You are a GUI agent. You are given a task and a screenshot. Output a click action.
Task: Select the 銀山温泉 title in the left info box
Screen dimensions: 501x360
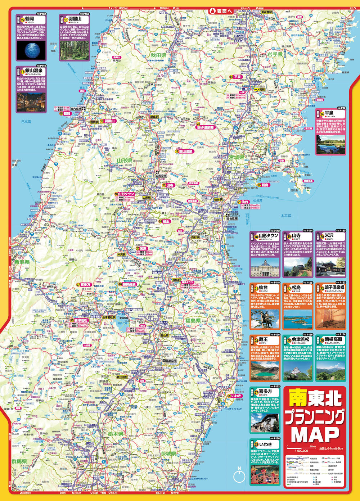click(x=33, y=71)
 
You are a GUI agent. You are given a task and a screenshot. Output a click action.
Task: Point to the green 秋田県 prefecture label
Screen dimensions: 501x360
click(x=158, y=55)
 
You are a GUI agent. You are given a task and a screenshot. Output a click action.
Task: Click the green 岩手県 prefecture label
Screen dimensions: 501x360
click(x=274, y=54)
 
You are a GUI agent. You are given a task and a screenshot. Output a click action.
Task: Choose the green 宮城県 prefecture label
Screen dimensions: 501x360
click(x=236, y=157)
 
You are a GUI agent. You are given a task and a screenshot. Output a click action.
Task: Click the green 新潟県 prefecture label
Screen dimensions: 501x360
click(x=22, y=263)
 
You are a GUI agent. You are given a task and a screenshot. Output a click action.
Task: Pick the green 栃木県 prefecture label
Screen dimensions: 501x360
click(x=116, y=434)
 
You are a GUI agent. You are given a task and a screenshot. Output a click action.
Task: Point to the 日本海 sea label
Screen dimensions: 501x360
click(x=26, y=122)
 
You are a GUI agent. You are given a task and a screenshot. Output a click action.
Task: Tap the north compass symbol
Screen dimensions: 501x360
click(x=239, y=476)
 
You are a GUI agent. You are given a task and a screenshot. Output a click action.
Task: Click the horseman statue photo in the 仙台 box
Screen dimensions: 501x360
click(x=265, y=318)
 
